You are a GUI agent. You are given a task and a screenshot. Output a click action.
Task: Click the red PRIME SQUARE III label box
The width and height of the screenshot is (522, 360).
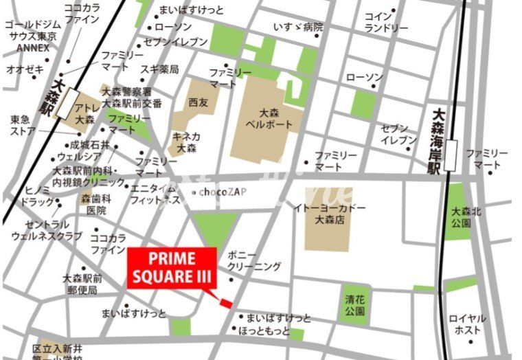[x=172, y=267]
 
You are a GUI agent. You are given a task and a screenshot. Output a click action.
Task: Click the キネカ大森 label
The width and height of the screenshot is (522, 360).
[x=187, y=142]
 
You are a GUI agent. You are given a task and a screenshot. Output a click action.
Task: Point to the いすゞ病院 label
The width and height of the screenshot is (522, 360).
[x=297, y=27]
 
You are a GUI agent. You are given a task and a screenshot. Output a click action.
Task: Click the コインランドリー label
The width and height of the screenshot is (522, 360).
[x=387, y=22]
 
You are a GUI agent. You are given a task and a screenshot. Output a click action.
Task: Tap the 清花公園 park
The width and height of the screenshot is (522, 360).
[x=354, y=305]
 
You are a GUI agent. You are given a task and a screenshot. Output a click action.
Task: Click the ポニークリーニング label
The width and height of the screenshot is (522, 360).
[x=253, y=260]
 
